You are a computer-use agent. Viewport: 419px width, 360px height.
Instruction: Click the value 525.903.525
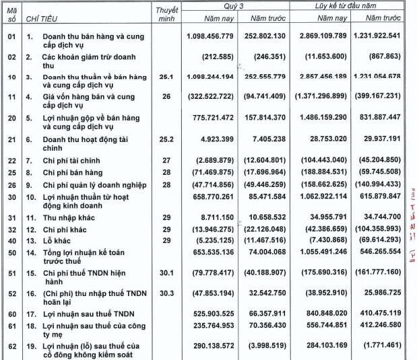[211, 313]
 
